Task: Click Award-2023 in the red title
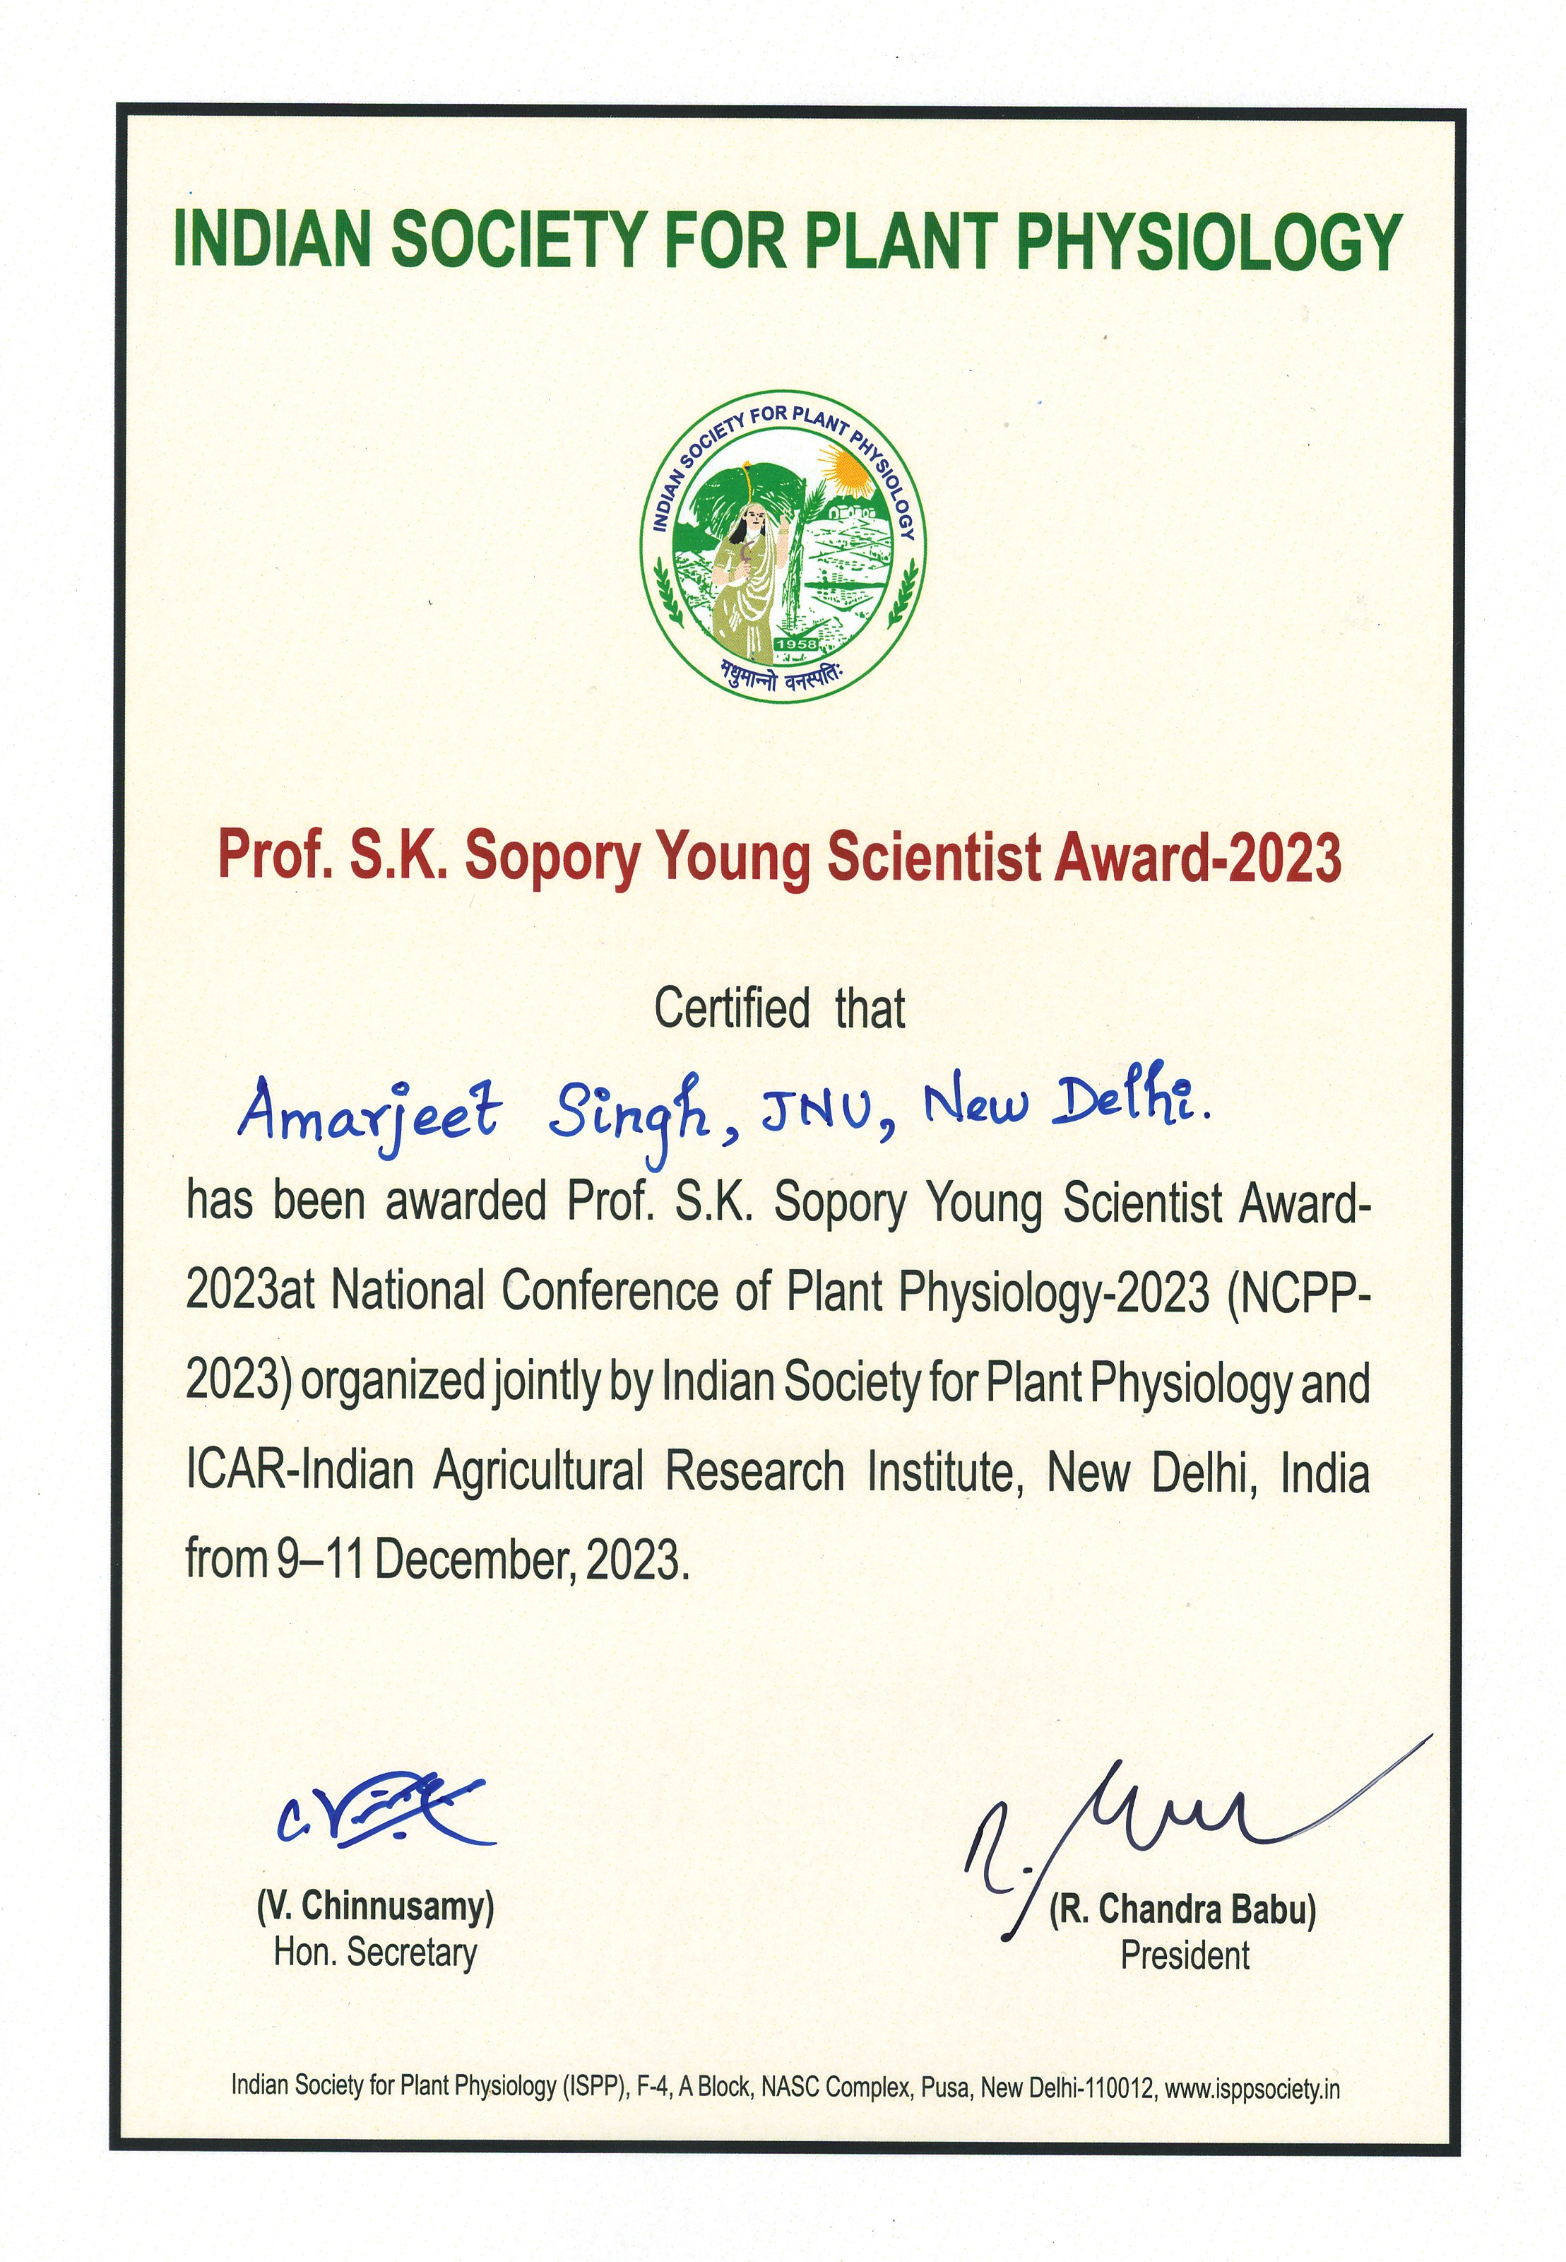1197,856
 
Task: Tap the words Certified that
779,1008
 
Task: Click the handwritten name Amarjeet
369,1111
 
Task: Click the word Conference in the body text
610,1292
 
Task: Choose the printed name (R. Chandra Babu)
1182,1909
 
